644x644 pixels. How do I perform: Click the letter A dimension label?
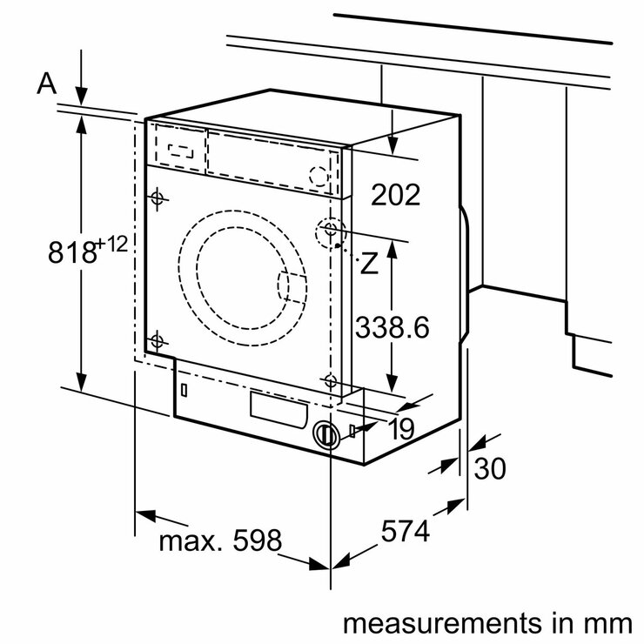[x=47, y=84]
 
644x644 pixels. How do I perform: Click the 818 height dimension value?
[x=71, y=253]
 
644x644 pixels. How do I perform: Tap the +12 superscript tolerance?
[x=112, y=245]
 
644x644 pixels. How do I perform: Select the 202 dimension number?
[x=396, y=194]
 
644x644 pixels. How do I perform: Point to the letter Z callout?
[x=370, y=265]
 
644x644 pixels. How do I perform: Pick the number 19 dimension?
[x=400, y=427]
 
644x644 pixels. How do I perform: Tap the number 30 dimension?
[x=489, y=469]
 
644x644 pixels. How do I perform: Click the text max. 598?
[x=220, y=541]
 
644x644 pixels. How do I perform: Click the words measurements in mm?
[x=486, y=623]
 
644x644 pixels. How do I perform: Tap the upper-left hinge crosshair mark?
[x=157, y=198]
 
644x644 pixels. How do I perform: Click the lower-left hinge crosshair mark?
[x=157, y=341]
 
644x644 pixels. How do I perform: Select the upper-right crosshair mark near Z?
[x=330, y=229]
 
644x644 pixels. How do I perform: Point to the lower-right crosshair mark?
[x=330, y=379]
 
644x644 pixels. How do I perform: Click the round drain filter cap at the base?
[x=325, y=435]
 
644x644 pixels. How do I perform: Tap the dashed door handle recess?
[x=292, y=287]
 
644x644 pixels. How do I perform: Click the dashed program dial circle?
[x=320, y=177]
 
